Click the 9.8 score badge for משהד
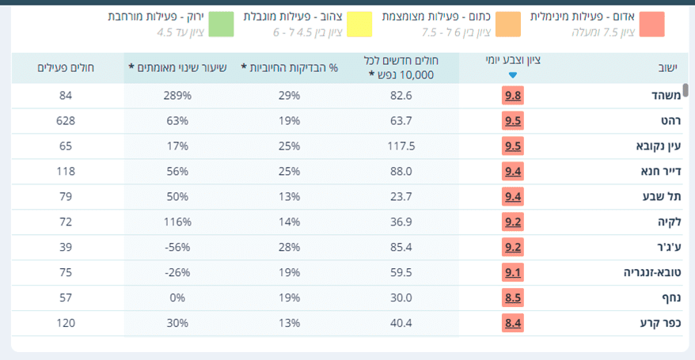point(513,96)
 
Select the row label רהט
point(669,121)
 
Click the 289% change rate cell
point(178,96)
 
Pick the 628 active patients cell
point(66,121)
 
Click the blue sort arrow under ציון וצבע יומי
point(513,75)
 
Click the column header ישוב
point(668,68)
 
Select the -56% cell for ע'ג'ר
point(177,248)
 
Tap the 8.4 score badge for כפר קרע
point(513,324)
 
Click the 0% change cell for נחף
point(177,298)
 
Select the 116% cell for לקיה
point(177,222)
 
